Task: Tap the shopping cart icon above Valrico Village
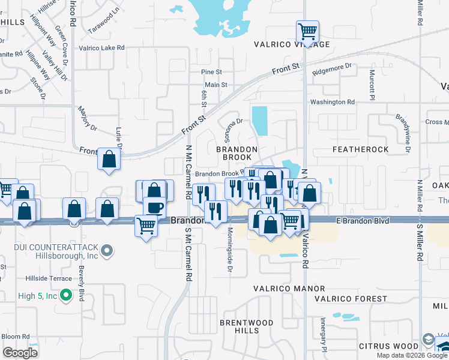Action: (307, 31)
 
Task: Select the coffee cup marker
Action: (155, 207)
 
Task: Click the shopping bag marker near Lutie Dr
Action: (109, 160)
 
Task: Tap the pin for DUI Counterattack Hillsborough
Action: (107, 250)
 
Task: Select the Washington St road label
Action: (336, 102)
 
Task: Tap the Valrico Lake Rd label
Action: (101, 47)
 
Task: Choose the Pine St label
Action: (212, 72)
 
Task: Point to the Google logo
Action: (20, 353)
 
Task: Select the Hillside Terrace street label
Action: (49, 278)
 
